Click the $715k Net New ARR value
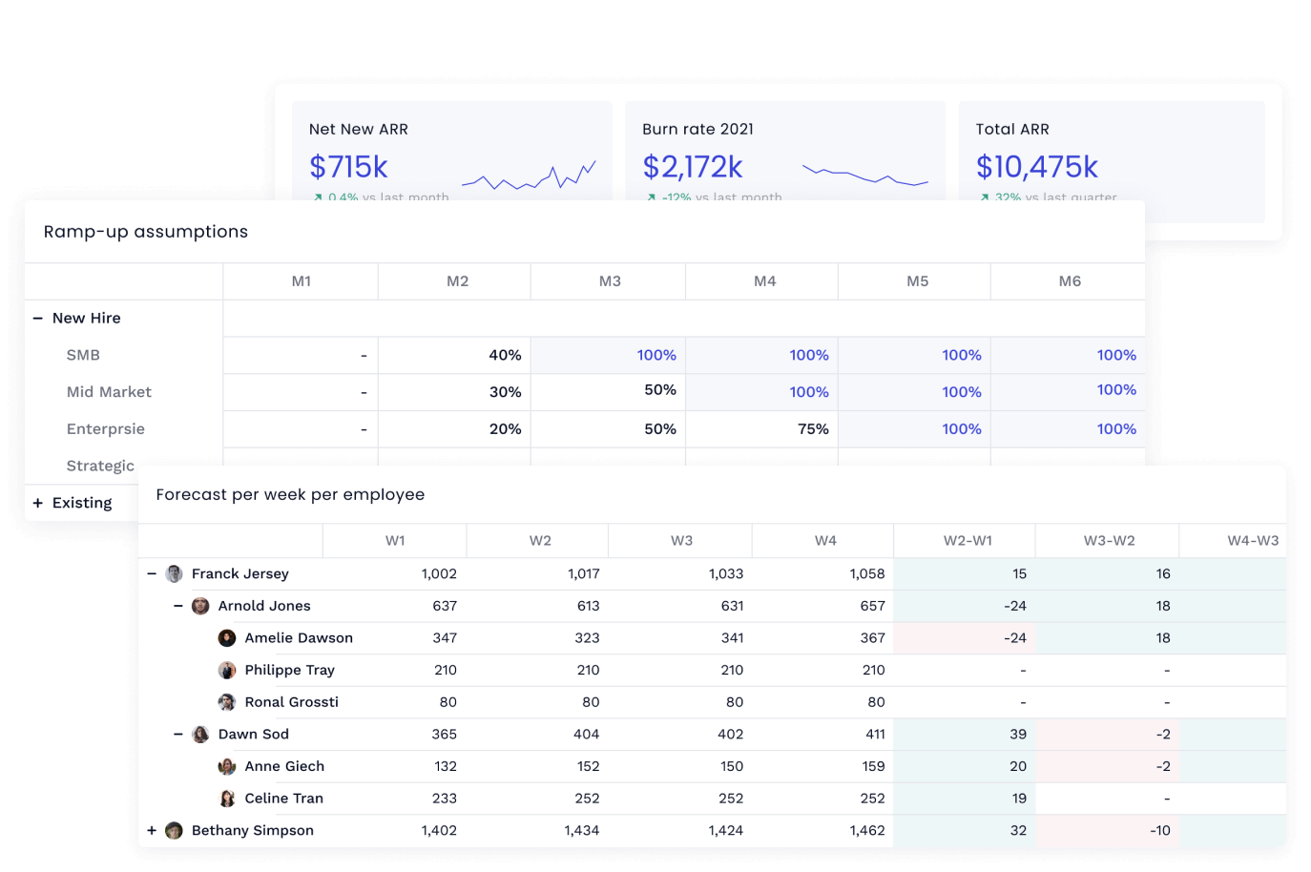tap(348, 167)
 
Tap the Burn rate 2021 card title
tap(697, 129)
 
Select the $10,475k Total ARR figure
tap(1036, 167)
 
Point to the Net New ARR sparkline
tap(529, 176)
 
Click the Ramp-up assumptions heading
tap(146, 232)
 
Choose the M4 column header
tap(764, 281)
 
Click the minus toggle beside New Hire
tap(38, 319)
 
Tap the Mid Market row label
tap(109, 392)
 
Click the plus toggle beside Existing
tap(38, 503)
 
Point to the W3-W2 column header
tap(1109, 541)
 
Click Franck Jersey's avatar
tap(174, 573)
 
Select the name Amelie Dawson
tap(299, 638)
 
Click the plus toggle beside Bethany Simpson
tap(152, 831)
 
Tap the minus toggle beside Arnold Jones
tap(178, 606)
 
